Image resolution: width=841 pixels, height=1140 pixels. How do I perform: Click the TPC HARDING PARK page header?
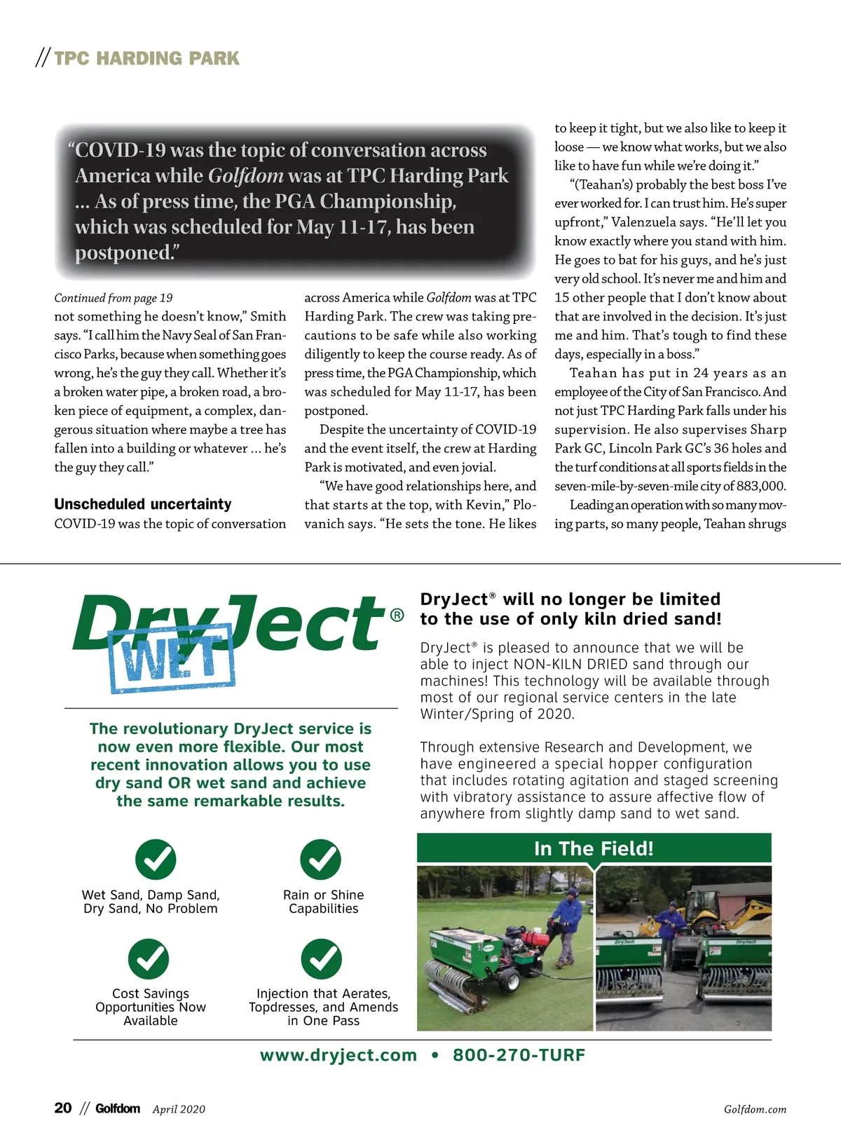coord(146,58)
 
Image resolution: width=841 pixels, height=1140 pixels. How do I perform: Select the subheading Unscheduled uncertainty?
coord(143,504)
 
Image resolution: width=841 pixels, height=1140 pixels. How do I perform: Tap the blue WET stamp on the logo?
coord(172,658)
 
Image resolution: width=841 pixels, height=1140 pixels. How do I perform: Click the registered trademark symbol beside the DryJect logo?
coord(397,616)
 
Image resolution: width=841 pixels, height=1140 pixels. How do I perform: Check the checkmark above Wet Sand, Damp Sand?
coord(156,859)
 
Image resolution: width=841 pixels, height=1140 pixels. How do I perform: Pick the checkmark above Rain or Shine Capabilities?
coord(320,859)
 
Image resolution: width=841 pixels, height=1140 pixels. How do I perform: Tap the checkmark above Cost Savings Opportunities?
coord(149,958)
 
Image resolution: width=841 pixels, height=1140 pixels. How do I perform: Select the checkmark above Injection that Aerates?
coord(321,958)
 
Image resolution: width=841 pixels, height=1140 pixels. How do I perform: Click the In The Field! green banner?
coord(594,848)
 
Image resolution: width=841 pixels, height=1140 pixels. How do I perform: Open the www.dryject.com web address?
coord(339,1055)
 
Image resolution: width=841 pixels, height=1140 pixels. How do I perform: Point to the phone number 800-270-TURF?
coord(519,1055)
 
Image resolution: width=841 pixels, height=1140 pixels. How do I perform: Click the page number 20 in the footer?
coord(63,1108)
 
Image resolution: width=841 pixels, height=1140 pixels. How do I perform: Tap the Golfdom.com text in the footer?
coord(755,1109)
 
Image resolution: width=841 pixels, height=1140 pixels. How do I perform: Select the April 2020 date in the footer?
coord(179,1109)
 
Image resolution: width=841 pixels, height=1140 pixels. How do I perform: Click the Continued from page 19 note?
coord(114,298)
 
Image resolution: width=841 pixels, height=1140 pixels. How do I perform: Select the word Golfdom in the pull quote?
coord(246,176)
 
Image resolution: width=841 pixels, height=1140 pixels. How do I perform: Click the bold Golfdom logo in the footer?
coord(118,1108)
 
